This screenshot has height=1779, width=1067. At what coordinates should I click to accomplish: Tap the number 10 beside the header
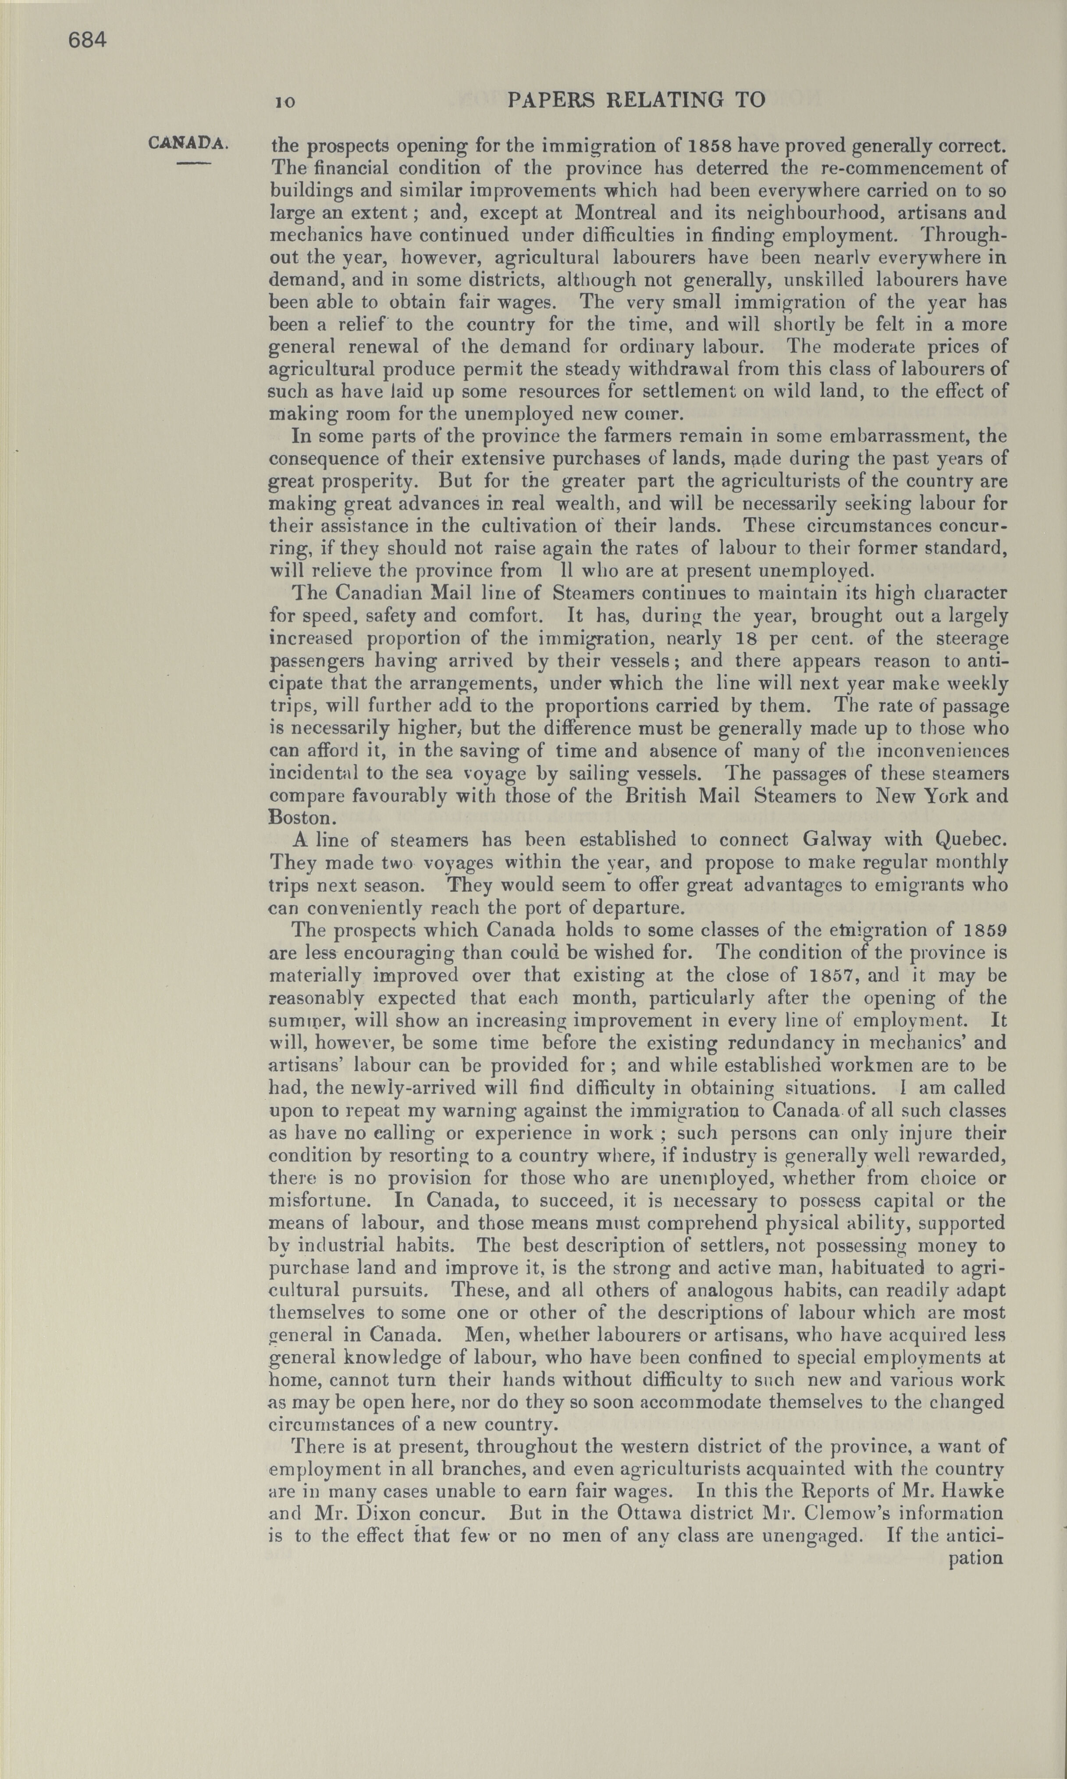[x=285, y=102]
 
